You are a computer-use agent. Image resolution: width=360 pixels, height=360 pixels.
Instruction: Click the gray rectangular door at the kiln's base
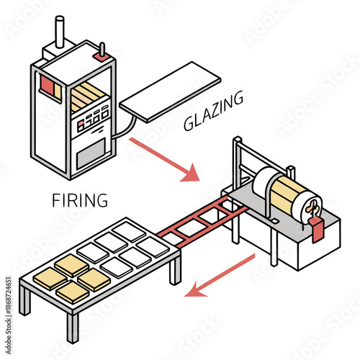91,153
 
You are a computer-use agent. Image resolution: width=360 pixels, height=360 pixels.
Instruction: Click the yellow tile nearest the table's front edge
72,292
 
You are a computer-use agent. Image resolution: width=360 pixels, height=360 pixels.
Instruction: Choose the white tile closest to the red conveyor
153,246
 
